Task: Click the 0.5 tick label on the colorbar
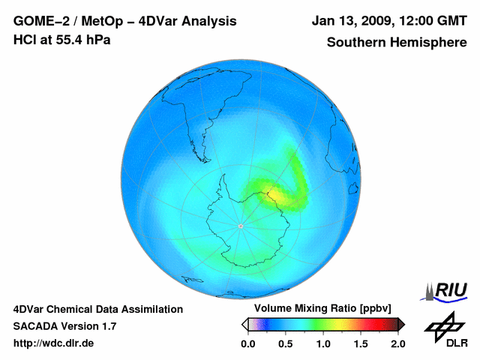point(285,343)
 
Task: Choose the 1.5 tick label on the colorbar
point(360,343)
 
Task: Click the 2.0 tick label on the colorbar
point(397,343)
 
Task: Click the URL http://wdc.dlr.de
point(54,343)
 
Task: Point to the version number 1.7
point(108,326)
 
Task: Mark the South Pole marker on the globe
point(240,226)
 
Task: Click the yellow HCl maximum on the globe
point(281,195)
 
